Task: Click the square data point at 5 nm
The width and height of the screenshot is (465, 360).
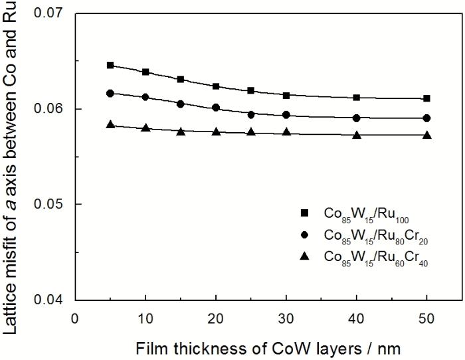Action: click(x=110, y=65)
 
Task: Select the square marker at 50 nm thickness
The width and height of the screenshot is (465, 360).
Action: click(x=426, y=98)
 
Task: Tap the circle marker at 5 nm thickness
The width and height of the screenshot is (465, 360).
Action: click(x=110, y=94)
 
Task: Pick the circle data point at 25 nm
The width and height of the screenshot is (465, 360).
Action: click(x=251, y=114)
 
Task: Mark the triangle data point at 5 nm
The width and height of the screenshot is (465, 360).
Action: click(x=110, y=124)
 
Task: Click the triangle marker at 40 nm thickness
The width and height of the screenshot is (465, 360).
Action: click(x=357, y=135)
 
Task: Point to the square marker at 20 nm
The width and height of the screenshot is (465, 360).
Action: click(x=216, y=86)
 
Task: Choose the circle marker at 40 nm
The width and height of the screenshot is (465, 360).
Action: click(x=357, y=118)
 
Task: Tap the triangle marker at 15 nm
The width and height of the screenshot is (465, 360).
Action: click(x=181, y=132)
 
